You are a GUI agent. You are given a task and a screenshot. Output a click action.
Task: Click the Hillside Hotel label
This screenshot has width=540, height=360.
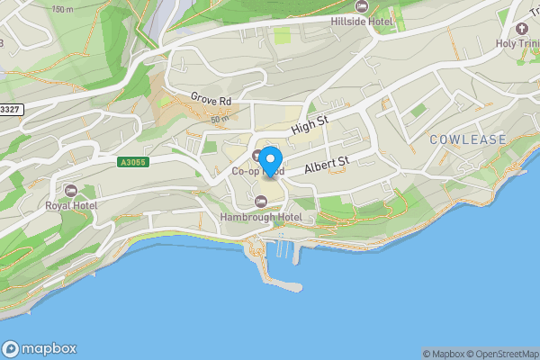[376, 21]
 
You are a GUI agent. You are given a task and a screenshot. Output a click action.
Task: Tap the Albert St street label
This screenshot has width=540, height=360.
[326, 165]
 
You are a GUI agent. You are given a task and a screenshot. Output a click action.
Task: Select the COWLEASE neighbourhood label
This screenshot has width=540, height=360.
[467, 139]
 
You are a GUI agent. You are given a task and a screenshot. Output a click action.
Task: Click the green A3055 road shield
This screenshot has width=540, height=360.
[132, 163]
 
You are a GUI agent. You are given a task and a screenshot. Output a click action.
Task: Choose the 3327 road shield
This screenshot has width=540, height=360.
[10, 108]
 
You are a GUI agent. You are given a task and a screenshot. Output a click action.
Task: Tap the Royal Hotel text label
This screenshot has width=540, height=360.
[71, 205]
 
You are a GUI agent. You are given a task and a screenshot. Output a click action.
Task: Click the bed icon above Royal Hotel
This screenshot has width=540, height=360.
[71, 190]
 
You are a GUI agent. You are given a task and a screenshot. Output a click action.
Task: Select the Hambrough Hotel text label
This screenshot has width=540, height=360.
[261, 217]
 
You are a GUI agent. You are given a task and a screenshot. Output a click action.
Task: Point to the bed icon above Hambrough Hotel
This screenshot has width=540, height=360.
[261, 202]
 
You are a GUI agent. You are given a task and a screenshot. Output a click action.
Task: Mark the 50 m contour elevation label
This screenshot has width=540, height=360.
[220, 119]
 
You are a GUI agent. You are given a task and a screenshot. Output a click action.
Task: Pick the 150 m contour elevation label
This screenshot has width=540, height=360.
[63, 9]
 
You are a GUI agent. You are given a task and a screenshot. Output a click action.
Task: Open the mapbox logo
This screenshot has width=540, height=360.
[40, 349]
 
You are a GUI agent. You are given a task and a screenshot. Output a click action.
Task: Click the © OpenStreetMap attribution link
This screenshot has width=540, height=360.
[500, 354]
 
